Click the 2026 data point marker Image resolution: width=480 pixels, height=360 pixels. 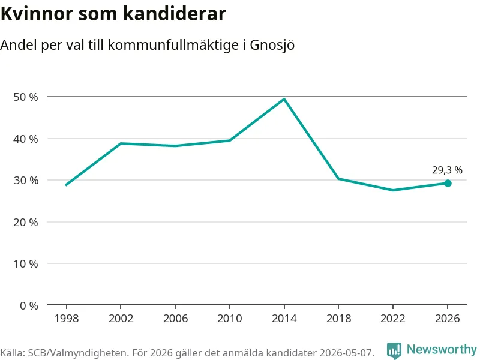448,184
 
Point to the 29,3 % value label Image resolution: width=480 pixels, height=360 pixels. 447,170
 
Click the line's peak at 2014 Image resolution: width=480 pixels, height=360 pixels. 284,99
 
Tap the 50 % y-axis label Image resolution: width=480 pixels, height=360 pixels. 26,97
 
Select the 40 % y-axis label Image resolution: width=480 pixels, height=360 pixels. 26,139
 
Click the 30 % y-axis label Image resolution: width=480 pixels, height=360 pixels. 26,181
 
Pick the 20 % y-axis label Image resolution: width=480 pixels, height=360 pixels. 26,222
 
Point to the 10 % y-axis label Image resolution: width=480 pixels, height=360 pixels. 26,263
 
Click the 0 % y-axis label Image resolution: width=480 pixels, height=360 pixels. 29,305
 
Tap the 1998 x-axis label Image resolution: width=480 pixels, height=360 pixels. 67,319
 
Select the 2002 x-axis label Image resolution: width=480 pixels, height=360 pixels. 121,319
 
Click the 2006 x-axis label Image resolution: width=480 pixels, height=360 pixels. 175,319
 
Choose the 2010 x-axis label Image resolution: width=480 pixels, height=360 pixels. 230,319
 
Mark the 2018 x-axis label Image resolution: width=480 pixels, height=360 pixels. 338,319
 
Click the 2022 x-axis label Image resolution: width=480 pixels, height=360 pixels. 393,319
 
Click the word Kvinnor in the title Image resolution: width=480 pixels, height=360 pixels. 37,14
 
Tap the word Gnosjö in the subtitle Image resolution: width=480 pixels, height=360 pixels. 272,46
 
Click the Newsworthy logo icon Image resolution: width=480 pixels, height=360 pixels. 394,350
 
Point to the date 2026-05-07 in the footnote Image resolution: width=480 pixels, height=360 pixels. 347,353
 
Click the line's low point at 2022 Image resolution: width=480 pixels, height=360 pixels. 393,190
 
